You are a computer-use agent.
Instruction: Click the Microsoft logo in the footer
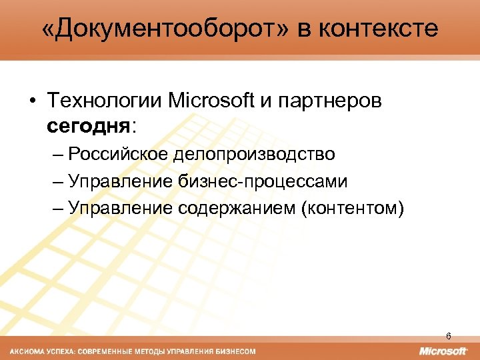pos(443,351)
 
